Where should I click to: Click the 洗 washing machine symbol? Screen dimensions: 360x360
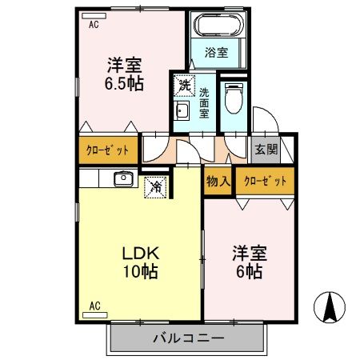click(185, 83)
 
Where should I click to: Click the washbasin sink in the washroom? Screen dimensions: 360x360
click(182, 111)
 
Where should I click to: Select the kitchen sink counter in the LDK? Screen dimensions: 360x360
click(124, 178)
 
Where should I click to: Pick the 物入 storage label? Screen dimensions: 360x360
click(218, 181)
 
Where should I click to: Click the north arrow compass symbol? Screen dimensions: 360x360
click(329, 307)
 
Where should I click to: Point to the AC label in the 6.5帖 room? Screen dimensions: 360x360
click(94, 25)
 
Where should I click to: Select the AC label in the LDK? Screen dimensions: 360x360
click(94, 305)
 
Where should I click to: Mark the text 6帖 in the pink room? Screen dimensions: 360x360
click(250, 270)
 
